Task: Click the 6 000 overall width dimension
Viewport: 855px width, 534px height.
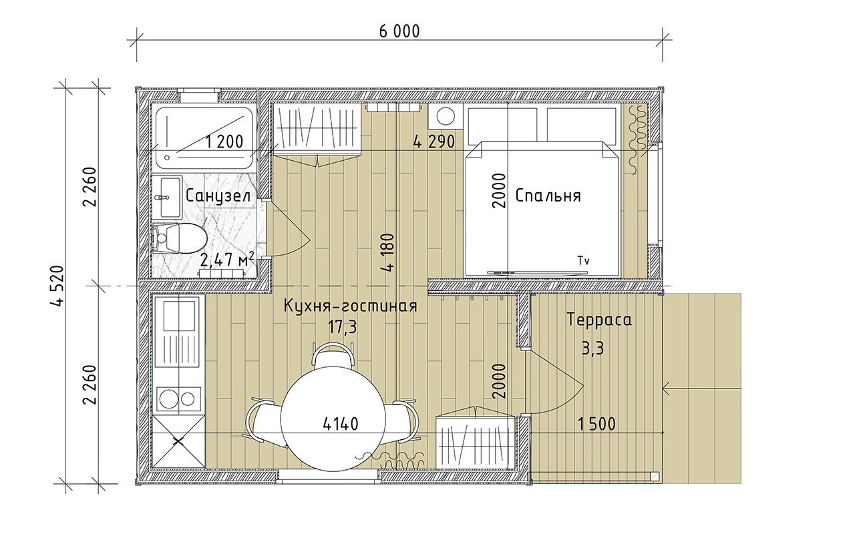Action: pyautogui.click(x=399, y=31)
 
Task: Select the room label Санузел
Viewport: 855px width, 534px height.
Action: pyautogui.click(x=218, y=196)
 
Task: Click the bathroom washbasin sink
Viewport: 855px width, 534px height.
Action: pyautogui.click(x=166, y=197)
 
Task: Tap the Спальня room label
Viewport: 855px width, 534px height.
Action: pyautogui.click(x=548, y=196)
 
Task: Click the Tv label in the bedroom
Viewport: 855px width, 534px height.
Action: pyautogui.click(x=586, y=260)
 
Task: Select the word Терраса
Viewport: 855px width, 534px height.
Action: pyautogui.click(x=598, y=320)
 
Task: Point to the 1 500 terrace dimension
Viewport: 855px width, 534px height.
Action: pyautogui.click(x=596, y=424)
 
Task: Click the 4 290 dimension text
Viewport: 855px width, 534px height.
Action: pyautogui.click(x=434, y=142)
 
